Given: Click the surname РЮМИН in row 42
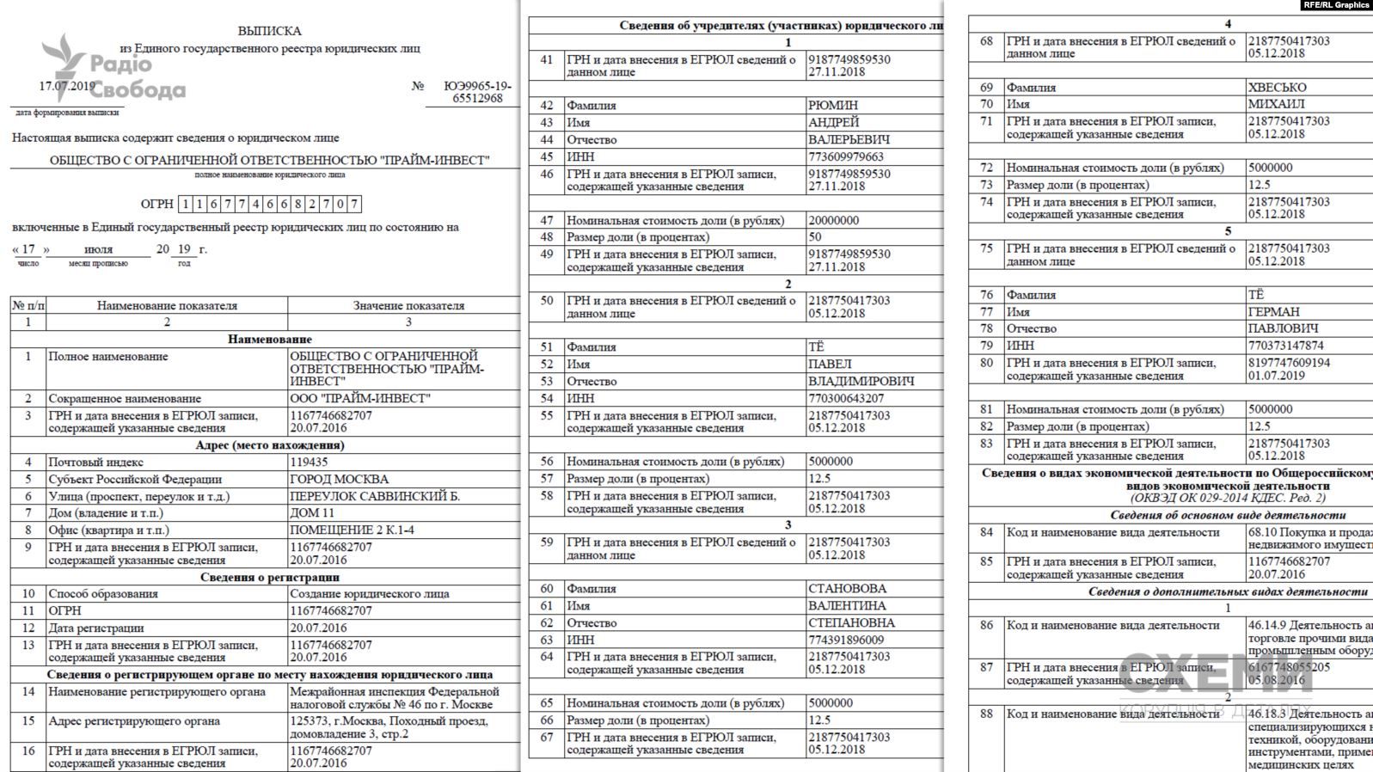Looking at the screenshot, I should point(832,106).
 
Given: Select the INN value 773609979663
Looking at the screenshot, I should point(845,157).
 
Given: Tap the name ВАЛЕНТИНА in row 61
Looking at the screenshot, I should point(847,606).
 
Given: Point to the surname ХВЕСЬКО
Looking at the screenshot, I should point(1277,88).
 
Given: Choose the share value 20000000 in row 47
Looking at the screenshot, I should point(833,220).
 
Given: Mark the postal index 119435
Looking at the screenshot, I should point(309,463).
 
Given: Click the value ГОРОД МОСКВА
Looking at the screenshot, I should point(339,480).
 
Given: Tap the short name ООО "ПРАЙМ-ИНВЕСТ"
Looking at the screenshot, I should point(359,399).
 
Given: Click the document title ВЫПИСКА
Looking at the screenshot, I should point(270,31).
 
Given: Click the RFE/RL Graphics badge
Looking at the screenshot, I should point(1336,5).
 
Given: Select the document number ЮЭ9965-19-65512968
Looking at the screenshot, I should point(477,92).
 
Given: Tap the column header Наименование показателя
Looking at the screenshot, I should point(167,305).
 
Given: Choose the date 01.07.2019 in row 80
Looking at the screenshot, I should point(1276,376).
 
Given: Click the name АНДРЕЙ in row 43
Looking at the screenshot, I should point(833,123).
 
